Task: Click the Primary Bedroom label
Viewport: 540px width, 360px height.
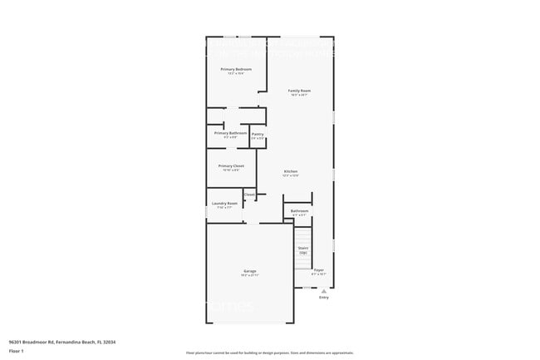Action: point(236,69)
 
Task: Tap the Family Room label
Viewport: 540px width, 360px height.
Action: point(299,90)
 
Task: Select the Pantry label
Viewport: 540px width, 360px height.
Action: point(258,133)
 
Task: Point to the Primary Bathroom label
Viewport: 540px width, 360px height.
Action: point(230,133)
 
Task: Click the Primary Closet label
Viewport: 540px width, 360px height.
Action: point(231,165)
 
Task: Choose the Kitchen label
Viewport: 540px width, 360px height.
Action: point(290,171)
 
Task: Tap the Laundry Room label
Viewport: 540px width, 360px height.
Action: point(224,203)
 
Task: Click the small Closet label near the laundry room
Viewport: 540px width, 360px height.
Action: point(249,195)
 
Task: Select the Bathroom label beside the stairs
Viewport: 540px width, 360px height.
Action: point(299,211)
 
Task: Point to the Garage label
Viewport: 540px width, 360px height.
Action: point(249,271)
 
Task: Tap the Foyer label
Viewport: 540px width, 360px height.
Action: point(318,270)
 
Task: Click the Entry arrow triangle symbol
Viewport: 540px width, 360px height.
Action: point(323,291)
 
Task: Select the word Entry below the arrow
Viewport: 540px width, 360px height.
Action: point(323,298)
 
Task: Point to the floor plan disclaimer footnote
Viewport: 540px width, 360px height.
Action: point(269,354)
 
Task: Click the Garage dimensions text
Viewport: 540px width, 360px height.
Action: point(249,276)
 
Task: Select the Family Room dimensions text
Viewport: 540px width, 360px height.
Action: point(299,95)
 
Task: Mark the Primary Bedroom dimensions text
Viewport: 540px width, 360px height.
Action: point(236,74)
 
